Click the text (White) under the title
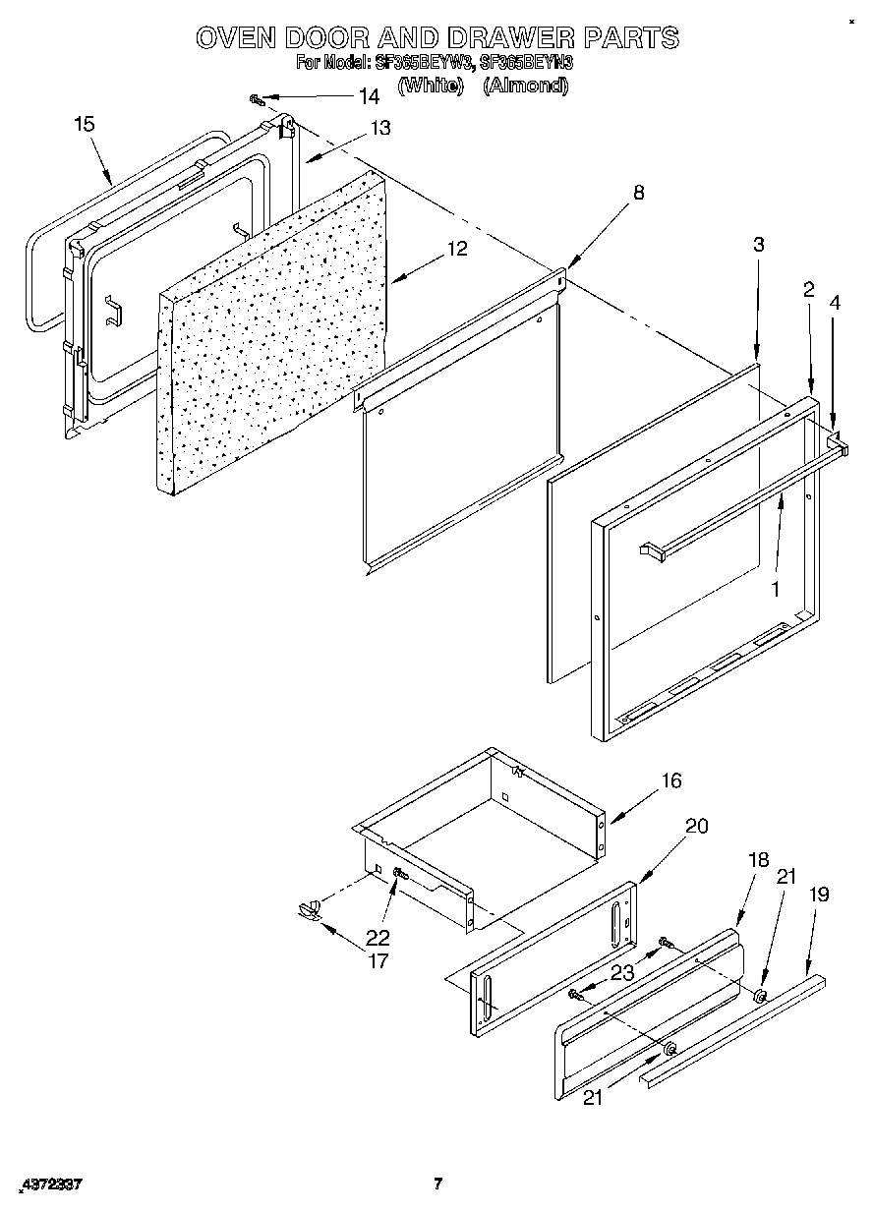430,86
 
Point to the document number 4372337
49,1184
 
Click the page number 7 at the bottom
438,1183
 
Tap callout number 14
368,96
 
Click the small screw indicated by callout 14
258,99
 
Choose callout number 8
638,193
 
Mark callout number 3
758,246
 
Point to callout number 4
834,304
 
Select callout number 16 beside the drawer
670,781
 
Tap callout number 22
378,937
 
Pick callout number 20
695,826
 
